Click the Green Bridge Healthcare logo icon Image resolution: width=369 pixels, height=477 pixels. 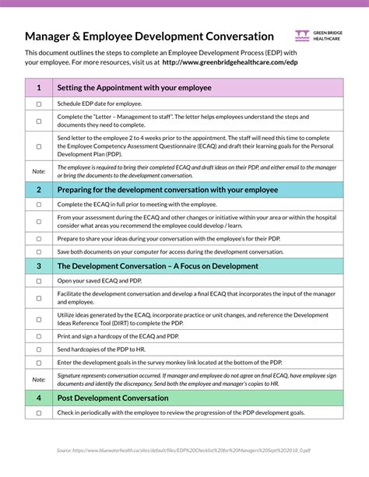pos(302,35)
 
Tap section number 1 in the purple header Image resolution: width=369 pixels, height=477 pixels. pos(39,88)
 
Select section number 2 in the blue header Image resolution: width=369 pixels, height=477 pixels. pos(39,189)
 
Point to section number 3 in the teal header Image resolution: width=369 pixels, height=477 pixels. pos(39,265)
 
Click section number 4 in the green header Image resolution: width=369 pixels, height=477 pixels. pos(39,398)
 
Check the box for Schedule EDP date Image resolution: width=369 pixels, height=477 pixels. pos(39,103)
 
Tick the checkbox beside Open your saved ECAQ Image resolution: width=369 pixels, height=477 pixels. pos(39,280)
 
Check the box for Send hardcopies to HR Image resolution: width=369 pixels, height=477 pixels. pos(39,350)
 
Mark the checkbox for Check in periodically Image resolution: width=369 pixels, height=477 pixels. pos(39,412)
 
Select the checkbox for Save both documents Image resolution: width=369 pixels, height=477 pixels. pos(39,251)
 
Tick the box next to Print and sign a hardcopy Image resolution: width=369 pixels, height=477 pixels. pos(39,335)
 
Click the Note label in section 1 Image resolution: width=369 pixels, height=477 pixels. pos(39,170)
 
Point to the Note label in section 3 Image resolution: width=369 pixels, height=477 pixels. pos(39,380)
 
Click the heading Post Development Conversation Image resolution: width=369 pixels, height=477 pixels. pos(113,398)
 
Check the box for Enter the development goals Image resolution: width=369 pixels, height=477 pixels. pos(39,364)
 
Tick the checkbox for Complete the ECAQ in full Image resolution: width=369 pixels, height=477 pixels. pos(39,204)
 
